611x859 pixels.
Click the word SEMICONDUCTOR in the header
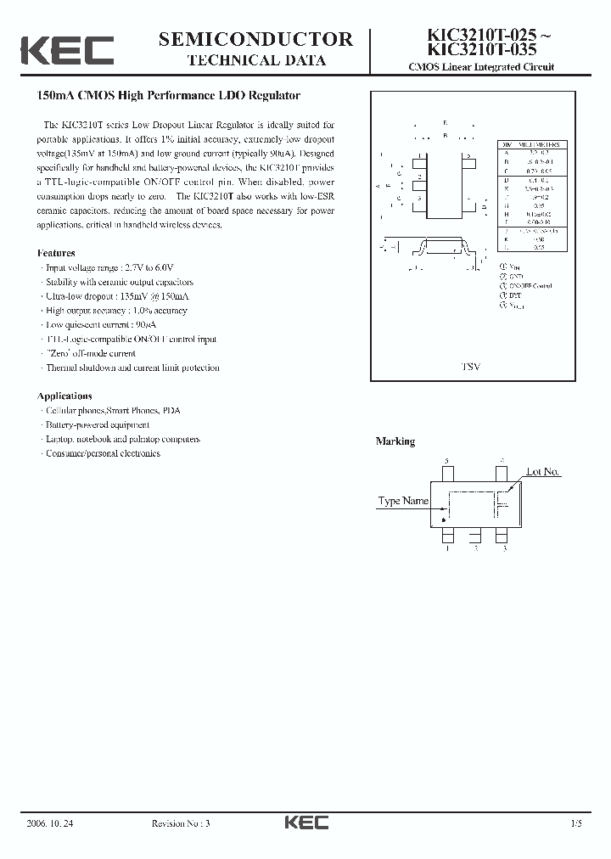(x=255, y=39)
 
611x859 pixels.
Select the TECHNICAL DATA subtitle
(x=255, y=60)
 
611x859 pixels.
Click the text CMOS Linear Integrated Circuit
(x=481, y=67)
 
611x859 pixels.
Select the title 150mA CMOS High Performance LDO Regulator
(x=170, y=96)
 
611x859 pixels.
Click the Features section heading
(x=56, y=253)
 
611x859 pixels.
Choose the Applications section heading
(x=64, y=396)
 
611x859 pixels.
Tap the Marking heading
(x=395, y=441)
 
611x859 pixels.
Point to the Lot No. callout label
(x=543, y=472)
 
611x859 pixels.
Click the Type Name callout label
(x=403, y=501)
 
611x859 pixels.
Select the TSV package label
(x=470, y=366)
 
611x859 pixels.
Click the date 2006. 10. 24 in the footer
(x=52, y=823)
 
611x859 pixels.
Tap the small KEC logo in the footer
(x=305, y=823)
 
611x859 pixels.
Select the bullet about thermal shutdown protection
(x=132, y=368)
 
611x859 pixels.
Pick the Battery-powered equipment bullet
(x=96, y=424)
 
